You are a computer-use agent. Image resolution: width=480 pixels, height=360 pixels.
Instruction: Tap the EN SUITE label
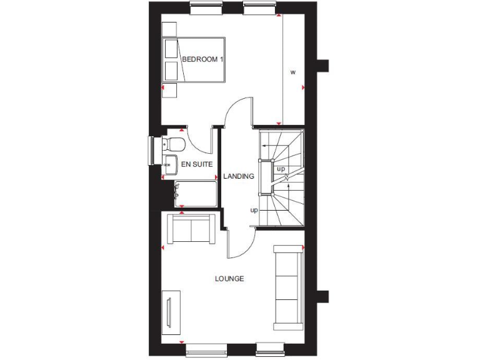(x=196, y=164)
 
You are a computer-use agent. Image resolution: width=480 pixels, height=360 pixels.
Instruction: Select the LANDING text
(x=239, y=176)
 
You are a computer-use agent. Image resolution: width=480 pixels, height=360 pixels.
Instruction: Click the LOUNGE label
(x=229, y=279)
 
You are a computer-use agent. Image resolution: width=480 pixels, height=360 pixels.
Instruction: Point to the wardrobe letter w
(x=292, y=72)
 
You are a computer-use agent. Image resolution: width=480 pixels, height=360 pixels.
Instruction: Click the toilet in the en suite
(x=175, y=144)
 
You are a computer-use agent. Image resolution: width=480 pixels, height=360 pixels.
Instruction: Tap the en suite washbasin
(x=170, y=164)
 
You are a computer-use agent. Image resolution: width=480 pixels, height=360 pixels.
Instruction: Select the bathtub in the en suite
(x=196, y=194)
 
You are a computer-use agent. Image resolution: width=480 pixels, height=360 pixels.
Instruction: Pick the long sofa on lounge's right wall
(x=288, y=287)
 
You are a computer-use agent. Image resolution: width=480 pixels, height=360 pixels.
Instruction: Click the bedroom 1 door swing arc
(x=237, y=109)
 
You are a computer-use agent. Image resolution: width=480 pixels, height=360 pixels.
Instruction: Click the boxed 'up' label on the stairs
(x=281, y=169)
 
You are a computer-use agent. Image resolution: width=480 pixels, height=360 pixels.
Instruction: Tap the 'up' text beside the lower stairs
(x=254, y=210)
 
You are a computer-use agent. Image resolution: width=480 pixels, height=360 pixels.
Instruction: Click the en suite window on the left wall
(x=152, y=151)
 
